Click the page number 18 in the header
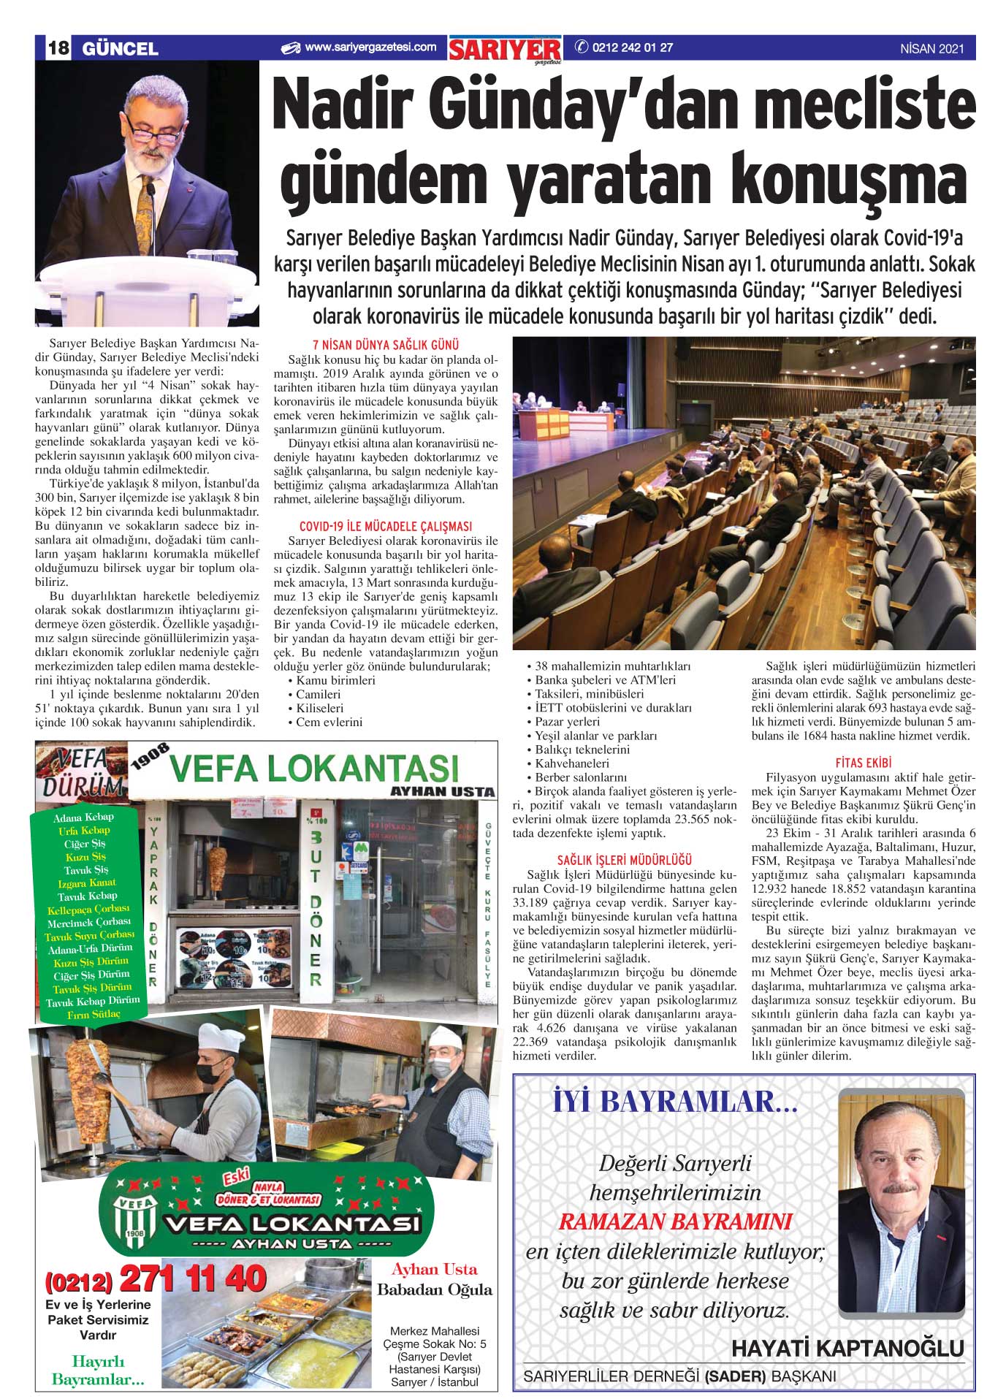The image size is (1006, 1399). (x=58, y=49)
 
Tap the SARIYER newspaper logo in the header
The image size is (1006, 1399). (x=505, y=50)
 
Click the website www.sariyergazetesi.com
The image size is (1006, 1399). (x=370, y=47)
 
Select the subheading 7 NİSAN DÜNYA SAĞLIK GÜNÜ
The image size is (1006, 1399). (x=386, y=345)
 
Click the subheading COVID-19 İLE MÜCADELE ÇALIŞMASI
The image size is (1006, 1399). (x=386, y=526)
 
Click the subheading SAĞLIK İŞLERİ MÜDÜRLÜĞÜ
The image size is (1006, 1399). (x=624, y=860)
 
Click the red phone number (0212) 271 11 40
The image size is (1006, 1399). (x=156, y=1278)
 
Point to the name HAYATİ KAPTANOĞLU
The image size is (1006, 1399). (x=847, y=1348)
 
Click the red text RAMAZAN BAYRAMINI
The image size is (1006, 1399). (x=675, y=1221)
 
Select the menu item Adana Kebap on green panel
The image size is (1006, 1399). (x=83, y=817)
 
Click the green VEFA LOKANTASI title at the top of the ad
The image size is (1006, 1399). (x=314, y=768)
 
